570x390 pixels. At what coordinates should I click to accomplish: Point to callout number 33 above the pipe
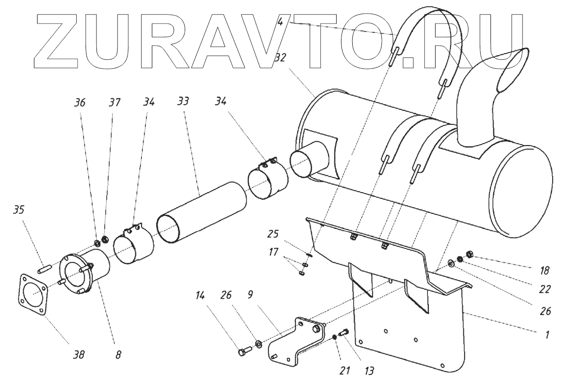[183, 102]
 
